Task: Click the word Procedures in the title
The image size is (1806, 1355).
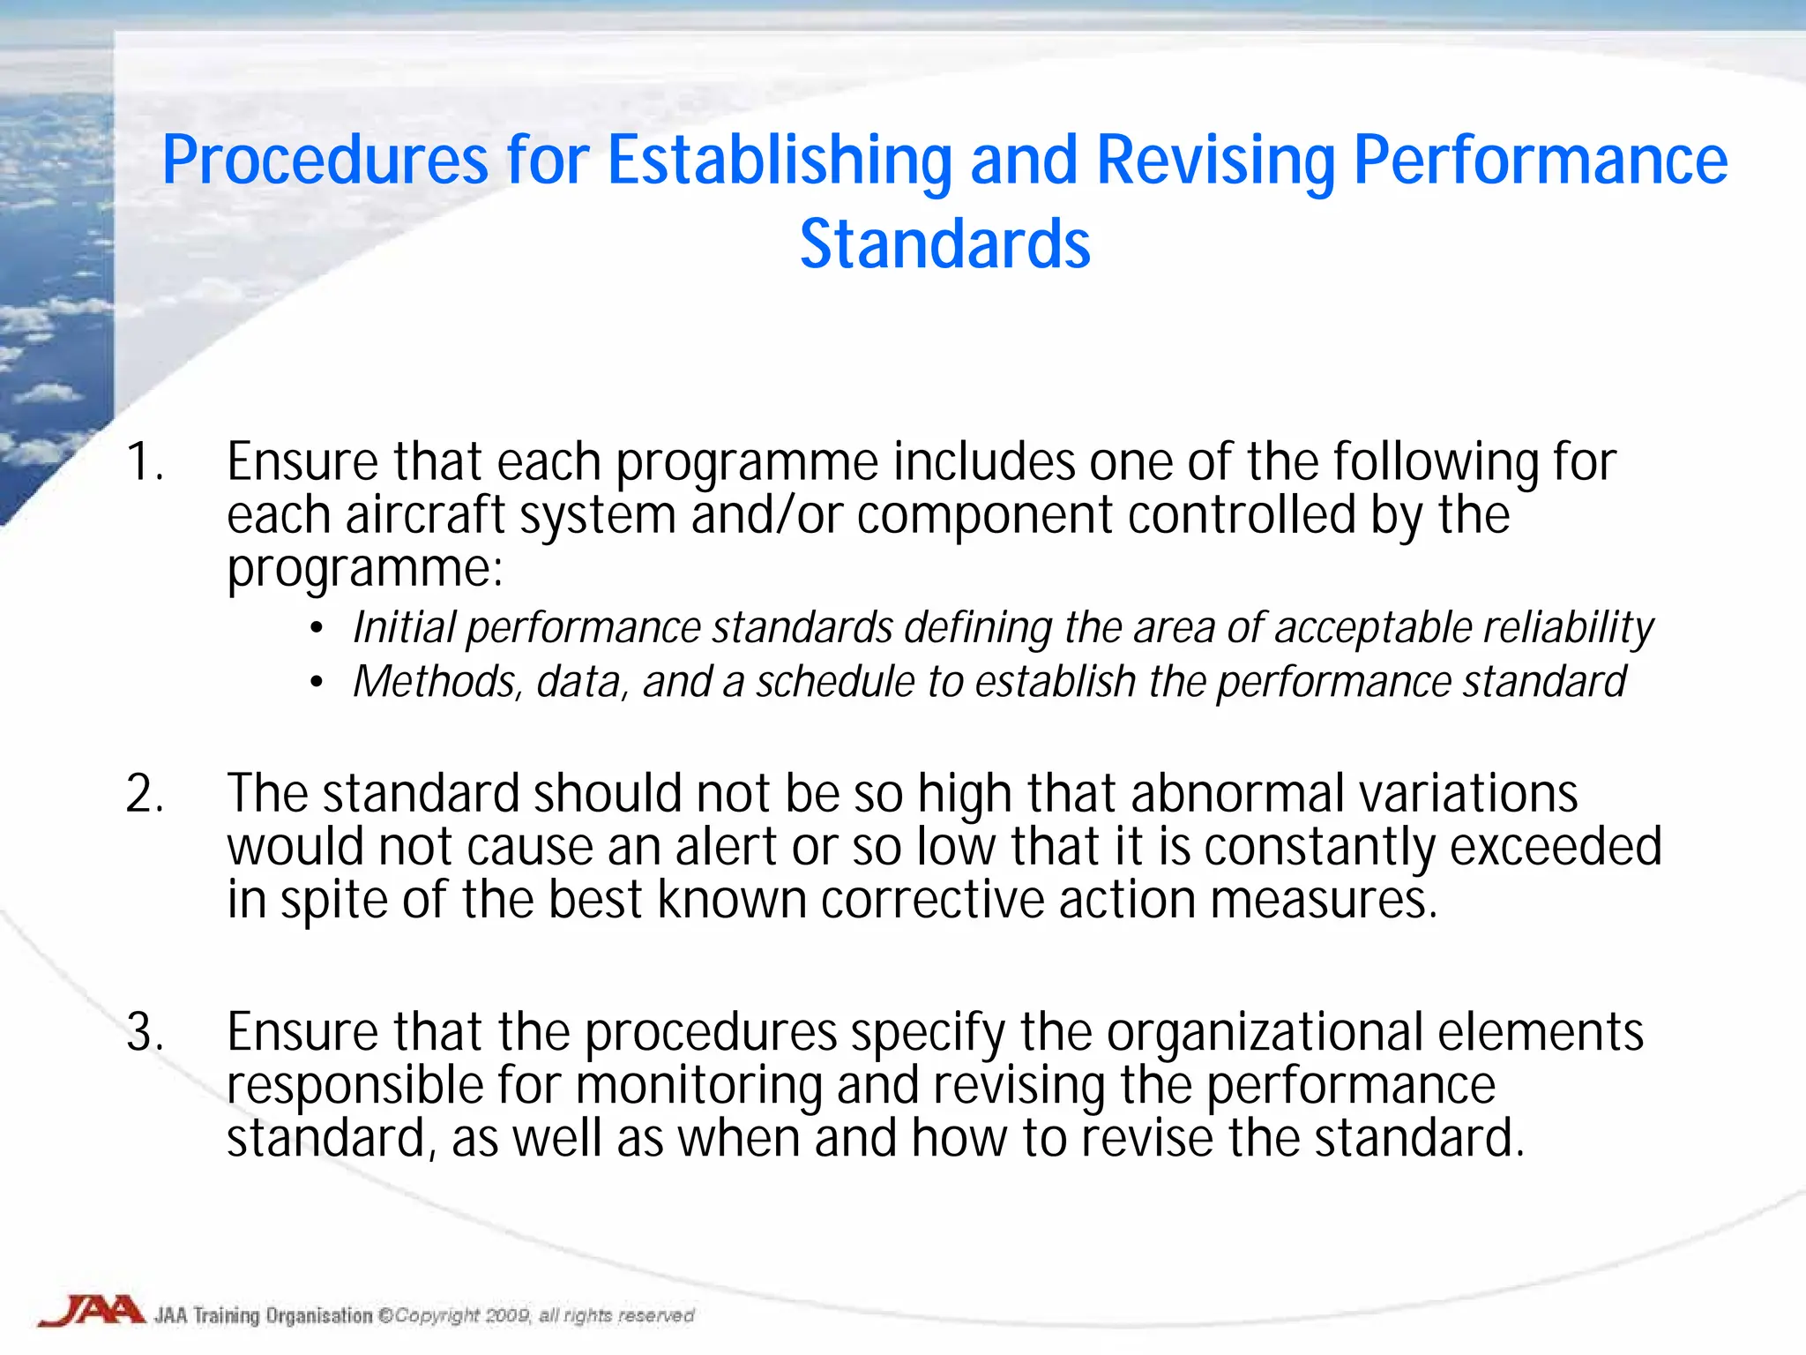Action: click(325, 161)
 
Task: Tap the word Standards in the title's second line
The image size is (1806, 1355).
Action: click(944, 244)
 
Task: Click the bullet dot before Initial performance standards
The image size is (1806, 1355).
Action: click(317, 629)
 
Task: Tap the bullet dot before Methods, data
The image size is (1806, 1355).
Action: click(317, 683)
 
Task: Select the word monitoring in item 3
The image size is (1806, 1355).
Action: click(699, 1085)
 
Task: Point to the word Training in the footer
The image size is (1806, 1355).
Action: click(227, 1315)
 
